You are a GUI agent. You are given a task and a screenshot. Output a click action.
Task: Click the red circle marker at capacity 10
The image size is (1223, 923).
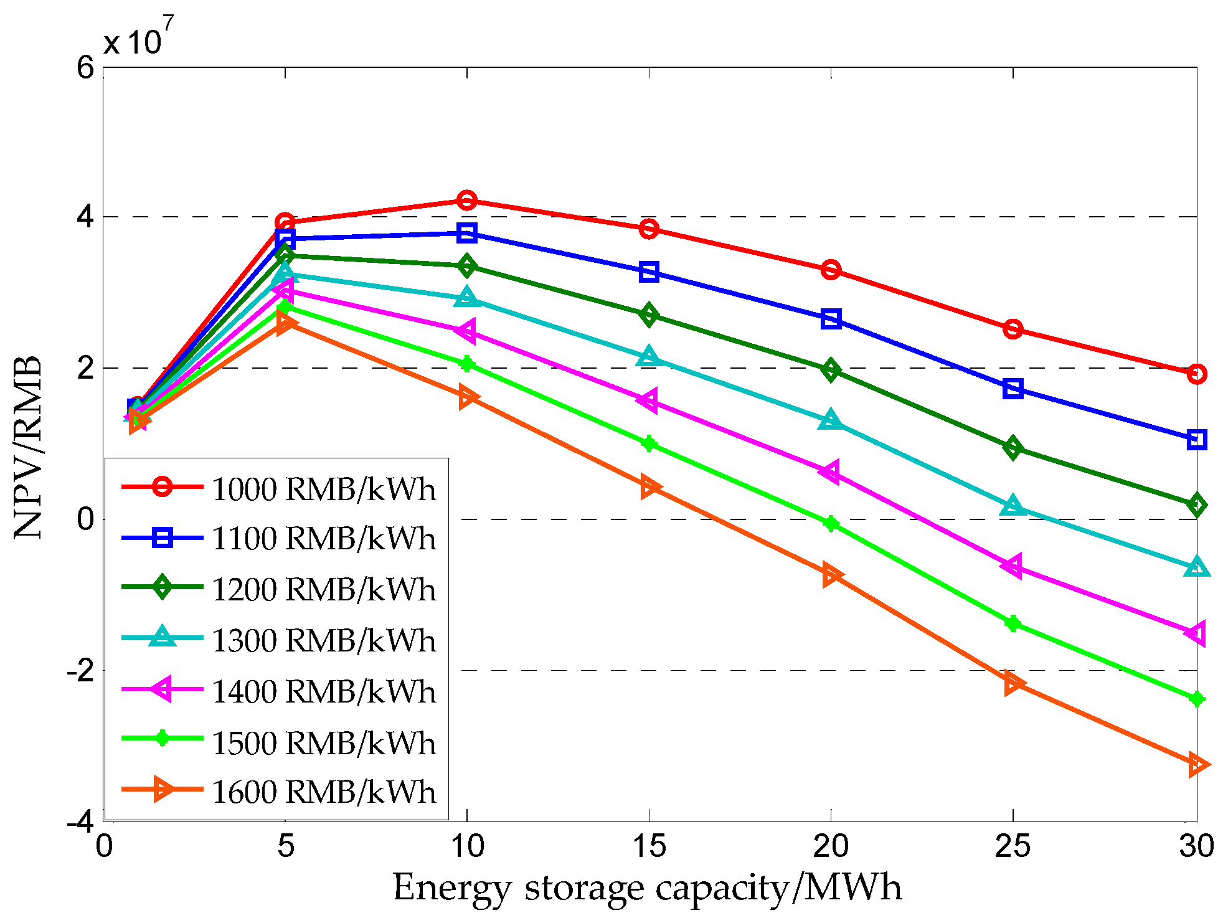[467, 201]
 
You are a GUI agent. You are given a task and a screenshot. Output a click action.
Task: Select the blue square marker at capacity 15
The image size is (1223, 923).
[649, 272]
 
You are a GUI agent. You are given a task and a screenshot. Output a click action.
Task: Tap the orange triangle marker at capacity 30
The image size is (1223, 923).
[1197, 764]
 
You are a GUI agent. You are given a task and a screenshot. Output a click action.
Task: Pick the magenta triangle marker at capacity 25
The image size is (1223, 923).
[1013, 566]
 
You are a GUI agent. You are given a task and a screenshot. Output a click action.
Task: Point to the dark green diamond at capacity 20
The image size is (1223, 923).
[830, 370]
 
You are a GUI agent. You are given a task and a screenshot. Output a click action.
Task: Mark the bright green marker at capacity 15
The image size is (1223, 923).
[649, 444]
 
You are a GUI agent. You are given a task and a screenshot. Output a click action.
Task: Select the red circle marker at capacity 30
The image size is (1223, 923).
[1196, 374]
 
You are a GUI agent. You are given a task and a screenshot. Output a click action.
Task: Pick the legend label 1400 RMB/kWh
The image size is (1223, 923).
[323, 692]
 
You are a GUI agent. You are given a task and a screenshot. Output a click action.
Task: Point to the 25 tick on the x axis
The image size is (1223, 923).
[1013, 846]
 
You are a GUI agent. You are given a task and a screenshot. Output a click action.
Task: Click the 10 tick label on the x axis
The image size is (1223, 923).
[467, 846]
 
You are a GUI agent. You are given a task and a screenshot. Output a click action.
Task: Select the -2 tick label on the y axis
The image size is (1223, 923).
[80, 671]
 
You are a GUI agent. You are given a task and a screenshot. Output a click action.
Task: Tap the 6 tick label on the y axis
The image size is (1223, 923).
[85, 67]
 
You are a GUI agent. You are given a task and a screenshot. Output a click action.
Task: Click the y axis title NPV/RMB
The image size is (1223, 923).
[28, 447]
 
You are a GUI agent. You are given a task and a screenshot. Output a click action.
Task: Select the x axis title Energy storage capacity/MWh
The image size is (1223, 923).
[648, 888]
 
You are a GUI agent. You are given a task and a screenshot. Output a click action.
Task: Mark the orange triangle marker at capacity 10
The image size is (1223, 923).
[467, 397]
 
